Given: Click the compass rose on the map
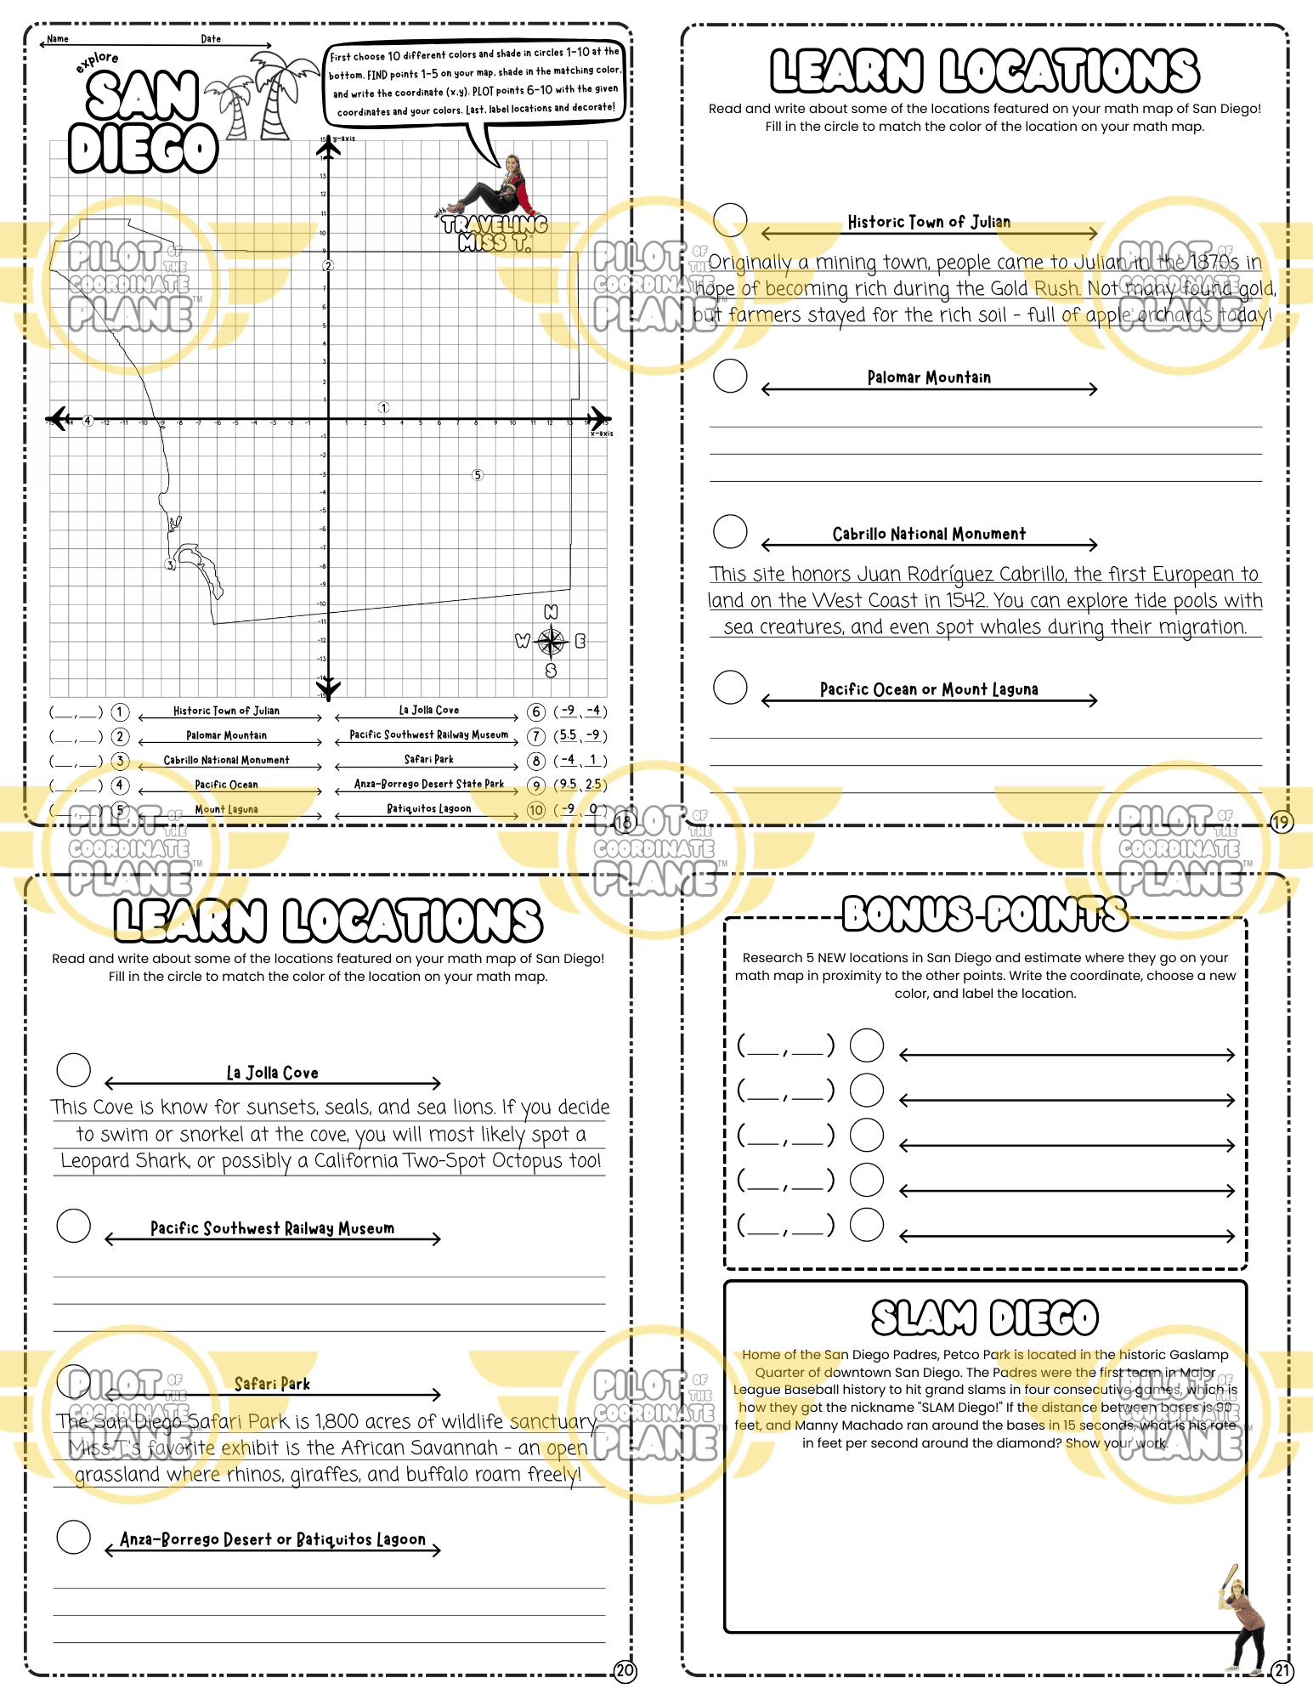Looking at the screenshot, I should pos(551,641).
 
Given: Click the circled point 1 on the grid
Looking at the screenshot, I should pos(383,408).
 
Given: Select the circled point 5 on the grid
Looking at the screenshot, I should pos(478,475).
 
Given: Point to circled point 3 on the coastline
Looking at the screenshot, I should pos(170,564).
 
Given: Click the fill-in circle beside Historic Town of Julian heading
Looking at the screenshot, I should pos(730,219).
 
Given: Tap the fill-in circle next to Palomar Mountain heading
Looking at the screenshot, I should pos(730,376).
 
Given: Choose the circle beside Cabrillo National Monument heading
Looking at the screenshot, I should pos(730,531).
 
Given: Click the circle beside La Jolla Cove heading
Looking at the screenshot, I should pos(74,1070).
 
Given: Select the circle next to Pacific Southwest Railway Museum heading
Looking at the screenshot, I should pos(74,1226).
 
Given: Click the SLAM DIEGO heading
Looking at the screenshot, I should pos(985,1318).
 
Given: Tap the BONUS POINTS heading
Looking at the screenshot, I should pos(985,915).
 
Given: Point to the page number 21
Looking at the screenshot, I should pos(1282,1671).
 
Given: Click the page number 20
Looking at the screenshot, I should pos(625,1671).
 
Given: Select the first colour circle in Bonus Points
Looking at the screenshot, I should pos(867,1045).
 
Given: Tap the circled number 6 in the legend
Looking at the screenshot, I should pos(536,711).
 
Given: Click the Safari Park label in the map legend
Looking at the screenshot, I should pos(428,759).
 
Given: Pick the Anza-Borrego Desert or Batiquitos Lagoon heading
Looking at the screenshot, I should pos(273,1539).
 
